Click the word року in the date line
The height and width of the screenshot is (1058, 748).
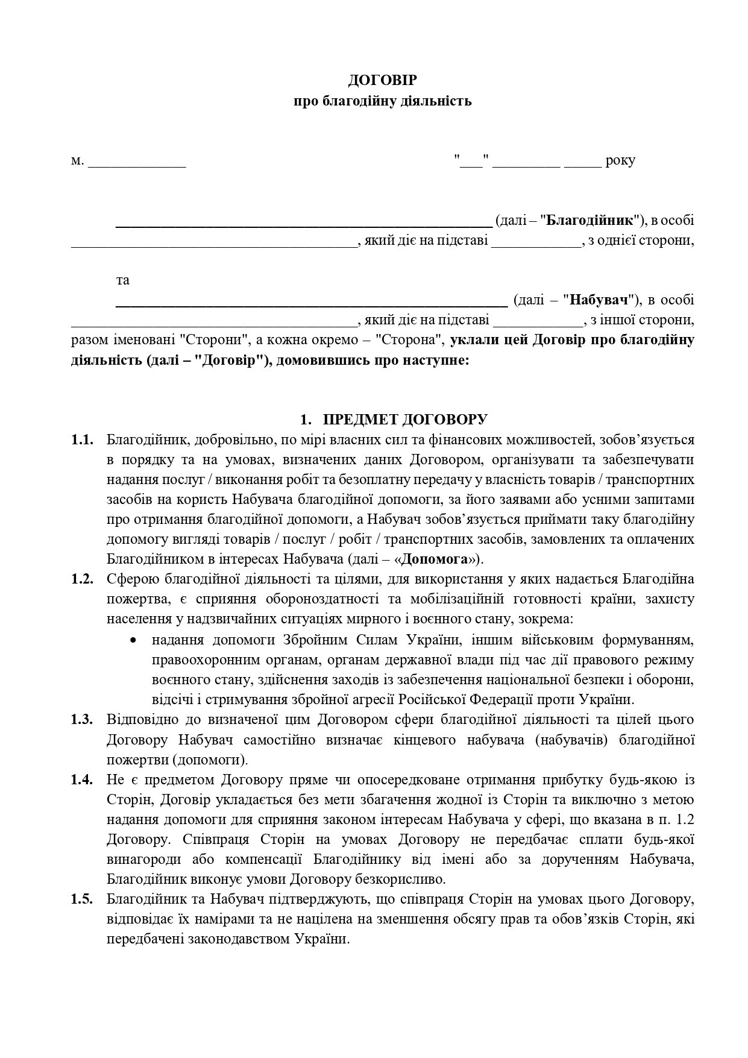(620, 161)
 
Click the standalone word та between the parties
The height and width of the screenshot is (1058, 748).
(122, 280)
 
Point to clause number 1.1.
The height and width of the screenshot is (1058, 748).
(82, 440)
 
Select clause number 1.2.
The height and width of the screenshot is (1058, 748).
(82, 579)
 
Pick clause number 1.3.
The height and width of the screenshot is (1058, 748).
(82, 719)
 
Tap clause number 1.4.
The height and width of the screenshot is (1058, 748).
(82, 779)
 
